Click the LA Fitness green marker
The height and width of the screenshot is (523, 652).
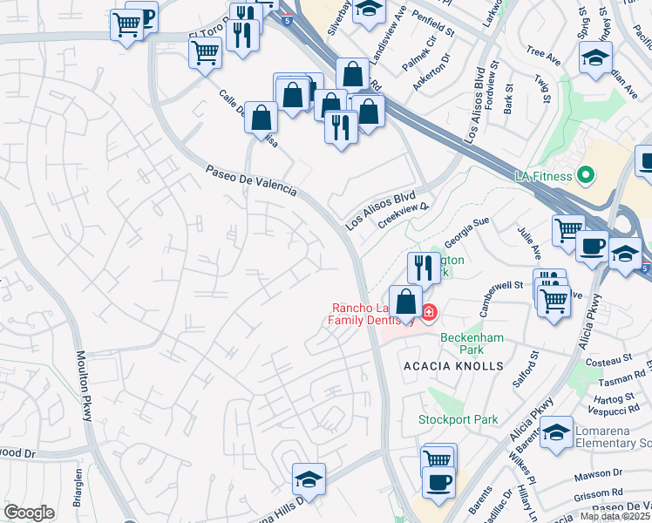(586, 175)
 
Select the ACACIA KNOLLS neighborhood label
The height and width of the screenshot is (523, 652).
(453, 366)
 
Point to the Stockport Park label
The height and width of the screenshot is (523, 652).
(458, 419)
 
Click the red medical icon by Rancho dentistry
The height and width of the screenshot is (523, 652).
(429, 312)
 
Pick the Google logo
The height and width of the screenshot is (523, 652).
(29, 513)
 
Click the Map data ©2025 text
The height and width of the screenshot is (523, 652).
(615, 516)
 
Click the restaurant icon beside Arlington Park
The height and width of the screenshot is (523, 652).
(422, 268)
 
